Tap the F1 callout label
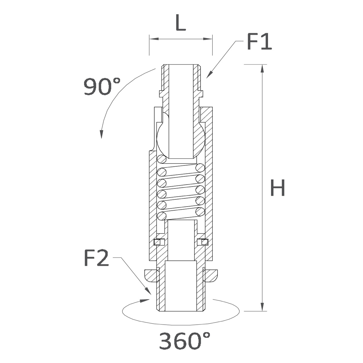(x=260, y=41)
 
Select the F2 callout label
(x=96, y=258)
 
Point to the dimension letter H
(x=277, y=188)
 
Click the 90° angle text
(x=102, y=87)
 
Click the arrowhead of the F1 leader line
(x=209, y=74)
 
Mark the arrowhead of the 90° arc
(x=101, y=134)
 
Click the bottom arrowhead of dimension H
(x=262, y=307)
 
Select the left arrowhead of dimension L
(x=154, y=39)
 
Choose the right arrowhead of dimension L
(x=208, y=39)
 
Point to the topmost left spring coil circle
(x=162, y=159)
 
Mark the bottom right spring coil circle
(x=200, y=212)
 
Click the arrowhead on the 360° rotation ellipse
(x=145, y=300)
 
